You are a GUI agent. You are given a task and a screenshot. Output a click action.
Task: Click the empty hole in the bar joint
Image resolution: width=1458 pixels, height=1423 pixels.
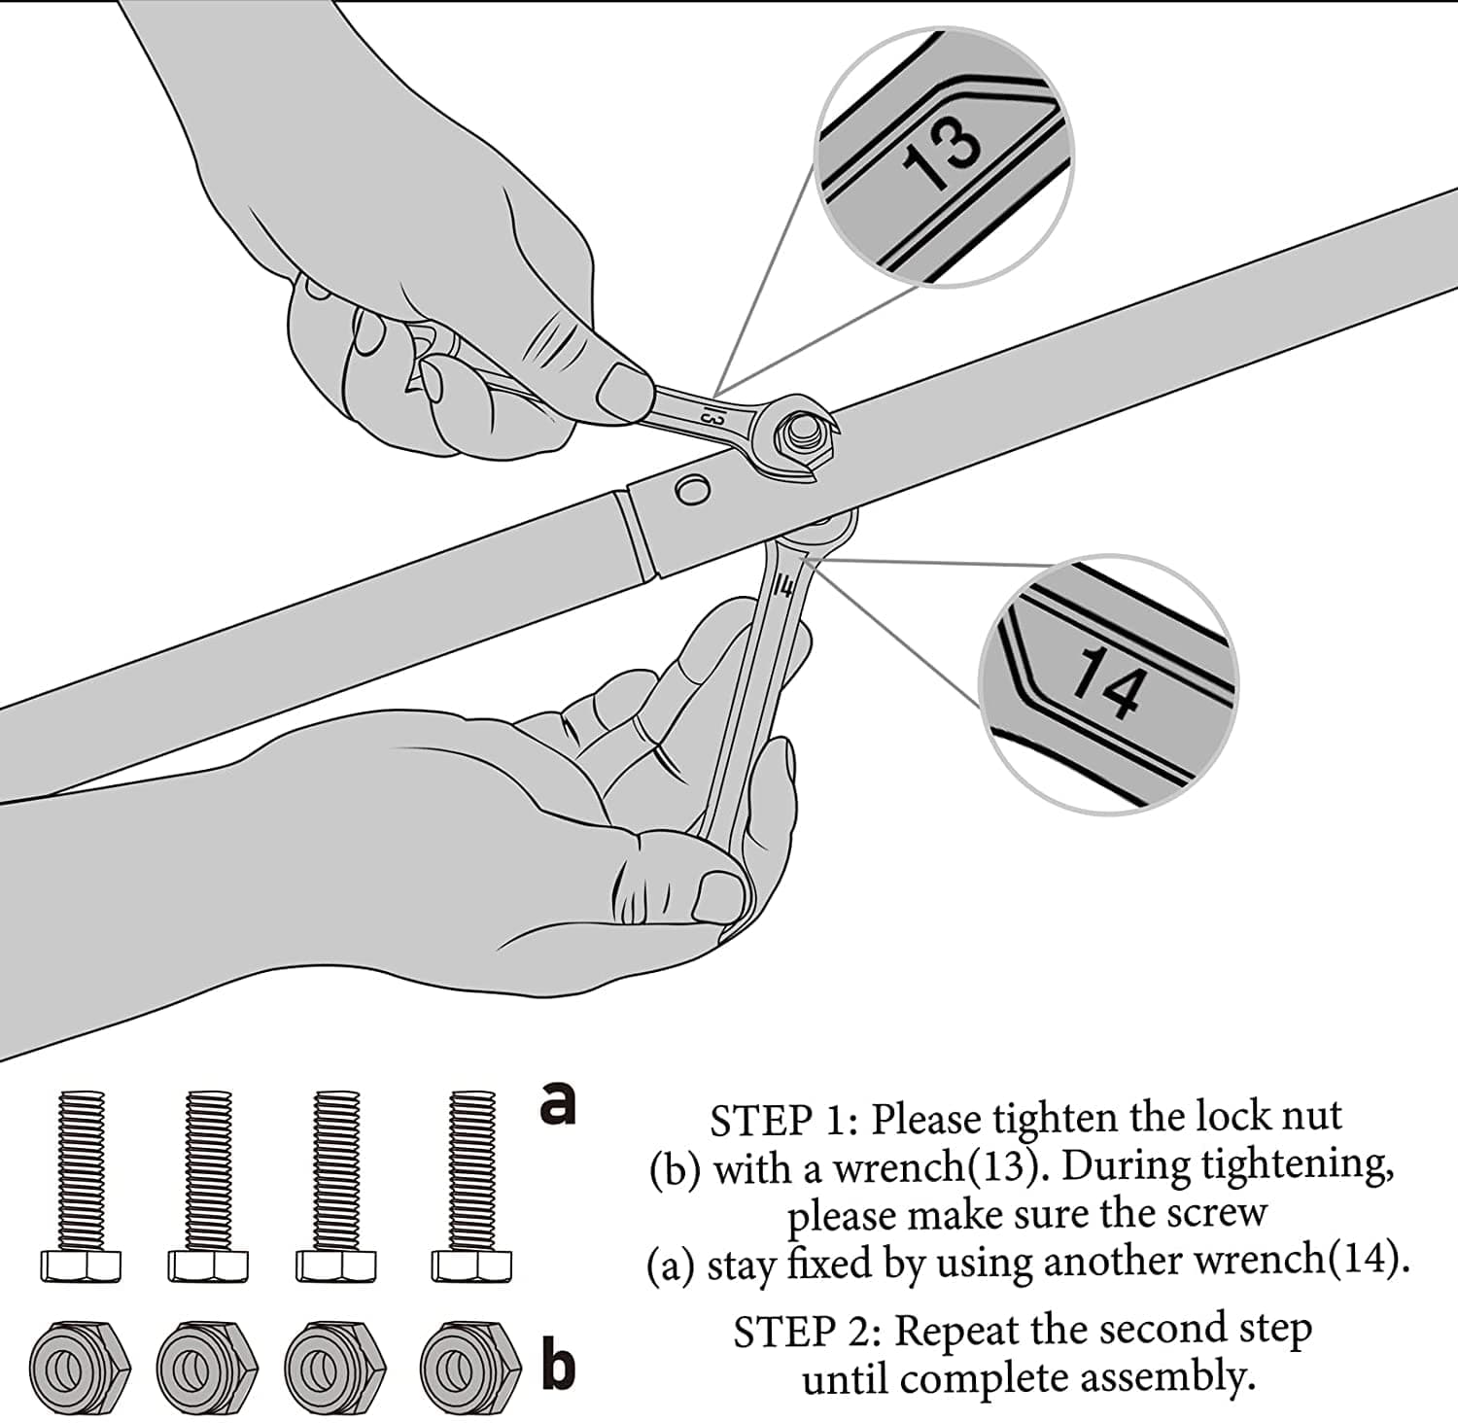point(692,490)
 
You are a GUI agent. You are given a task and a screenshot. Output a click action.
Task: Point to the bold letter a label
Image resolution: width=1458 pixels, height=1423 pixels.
point(558,1103)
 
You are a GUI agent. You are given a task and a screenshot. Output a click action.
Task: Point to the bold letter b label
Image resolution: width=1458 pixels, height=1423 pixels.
point(558,1365)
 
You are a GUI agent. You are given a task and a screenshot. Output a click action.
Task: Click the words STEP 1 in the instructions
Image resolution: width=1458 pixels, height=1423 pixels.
point(774,1121)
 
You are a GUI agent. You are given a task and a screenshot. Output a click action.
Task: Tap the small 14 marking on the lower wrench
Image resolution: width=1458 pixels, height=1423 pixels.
point(785,586)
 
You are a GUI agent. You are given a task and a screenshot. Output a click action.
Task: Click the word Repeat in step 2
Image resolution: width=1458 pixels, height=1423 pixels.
point(954,1332)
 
